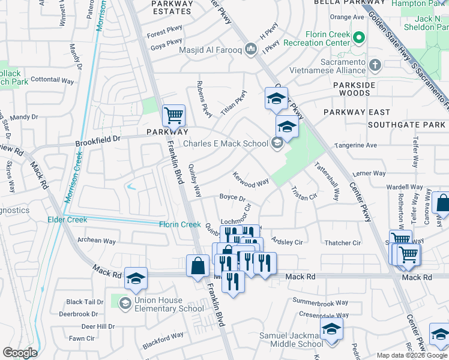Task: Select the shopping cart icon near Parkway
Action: tap(173, 114)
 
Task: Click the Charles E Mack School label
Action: tap(225, 143)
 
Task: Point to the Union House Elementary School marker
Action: tap(125, 302)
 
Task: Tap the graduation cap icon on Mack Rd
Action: tap(136, 278)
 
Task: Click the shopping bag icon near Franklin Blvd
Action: tap(197, 265)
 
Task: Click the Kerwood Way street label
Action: tap(251, 179)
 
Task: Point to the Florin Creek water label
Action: tap(179, 224)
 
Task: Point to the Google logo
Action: tap(20, 353)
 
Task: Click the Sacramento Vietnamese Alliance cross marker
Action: tap(375, 64)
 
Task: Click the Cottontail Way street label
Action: tap(52, 79)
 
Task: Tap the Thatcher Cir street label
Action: tap(342, 243)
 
